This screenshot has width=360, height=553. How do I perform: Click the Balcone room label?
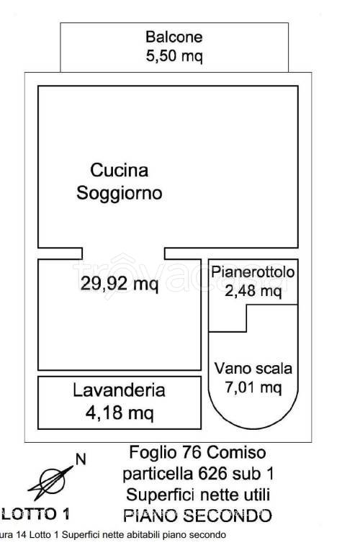pos(174,37)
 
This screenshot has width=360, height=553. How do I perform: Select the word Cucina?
pos(120,171)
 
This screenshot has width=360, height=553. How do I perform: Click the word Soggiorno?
pos(120,193)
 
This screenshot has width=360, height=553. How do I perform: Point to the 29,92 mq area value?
pos(120,284)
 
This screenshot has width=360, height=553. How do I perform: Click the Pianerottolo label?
pos(253,272)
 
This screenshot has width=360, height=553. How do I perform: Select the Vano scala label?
pos(253,369)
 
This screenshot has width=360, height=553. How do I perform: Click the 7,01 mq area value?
pos(253,387)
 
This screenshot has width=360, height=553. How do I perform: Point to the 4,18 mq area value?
pos(119,413)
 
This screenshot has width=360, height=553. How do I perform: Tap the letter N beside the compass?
pos(81,458)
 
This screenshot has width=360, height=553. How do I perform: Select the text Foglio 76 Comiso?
pos(197,453)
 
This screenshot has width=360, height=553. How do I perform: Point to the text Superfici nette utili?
pos(197,495)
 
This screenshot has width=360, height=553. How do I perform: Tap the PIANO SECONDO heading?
pos(197,516)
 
